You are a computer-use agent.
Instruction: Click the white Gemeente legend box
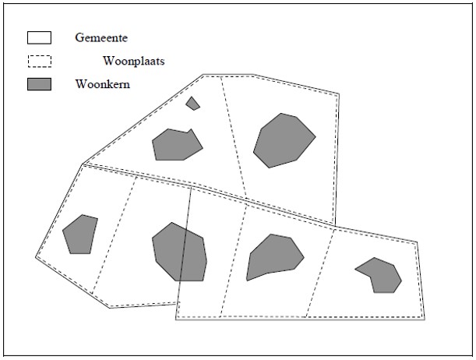[39, 37]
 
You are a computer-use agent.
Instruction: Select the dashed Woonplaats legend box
[40, 61]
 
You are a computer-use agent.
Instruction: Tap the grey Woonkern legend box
[39, 84]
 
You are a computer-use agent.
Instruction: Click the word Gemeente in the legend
[101, 37]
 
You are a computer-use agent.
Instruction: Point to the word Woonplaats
[134, 61]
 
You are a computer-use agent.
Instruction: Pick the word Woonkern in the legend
[103, 84]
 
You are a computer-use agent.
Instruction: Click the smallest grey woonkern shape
[192, 104]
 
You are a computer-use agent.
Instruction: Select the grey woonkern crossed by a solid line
[179, 252]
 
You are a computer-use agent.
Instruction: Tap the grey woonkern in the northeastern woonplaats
[284, 140]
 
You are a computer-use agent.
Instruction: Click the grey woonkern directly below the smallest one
[178, 145]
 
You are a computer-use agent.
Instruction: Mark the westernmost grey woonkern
[80, 235]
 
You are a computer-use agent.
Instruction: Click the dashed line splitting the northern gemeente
[234, 136]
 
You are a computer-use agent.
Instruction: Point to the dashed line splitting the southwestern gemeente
[114, 235]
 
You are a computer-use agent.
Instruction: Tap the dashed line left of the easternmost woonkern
[320, 273]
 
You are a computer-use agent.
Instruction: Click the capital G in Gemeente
[79, 37]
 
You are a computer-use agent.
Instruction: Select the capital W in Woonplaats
[109, 61]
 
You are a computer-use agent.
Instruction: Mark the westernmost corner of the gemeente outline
[36, 257]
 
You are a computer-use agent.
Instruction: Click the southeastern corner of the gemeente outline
[425, 319]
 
